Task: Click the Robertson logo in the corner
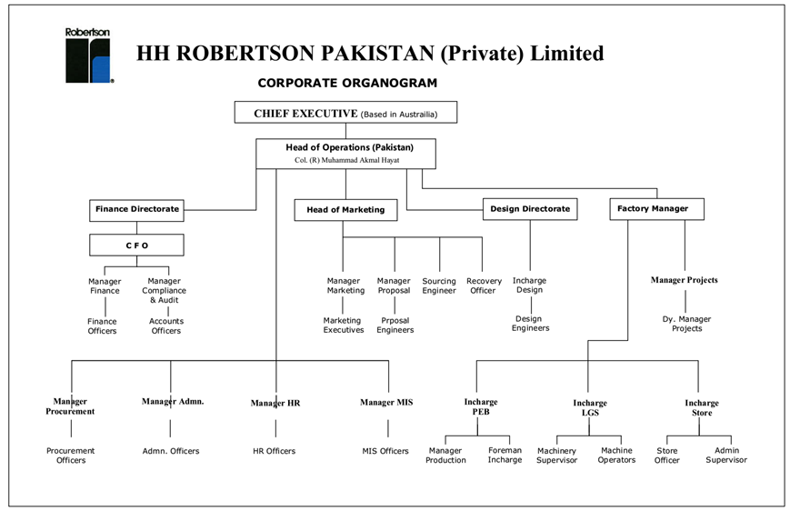[x=88, y=56]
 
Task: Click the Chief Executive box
[x=345, y=113]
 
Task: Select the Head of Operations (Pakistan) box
[x=346, y=153]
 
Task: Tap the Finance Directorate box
[x=137, y=209]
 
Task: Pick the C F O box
[x=136, y=245]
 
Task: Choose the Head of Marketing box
[x=345, y=210]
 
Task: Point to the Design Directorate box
[x=530, y=209]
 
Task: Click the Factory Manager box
[x=653, y=209]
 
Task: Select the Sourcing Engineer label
[x=439, y=286]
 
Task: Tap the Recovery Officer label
[x=483, y=286]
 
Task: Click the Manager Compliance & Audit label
[x=164, y=291]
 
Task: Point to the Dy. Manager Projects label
[x=686, y=324]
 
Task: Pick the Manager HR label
[x=275, y=403]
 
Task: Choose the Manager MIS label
[x=386, y=402]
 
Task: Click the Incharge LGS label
[x=589, y=408]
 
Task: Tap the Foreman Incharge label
[x=505, y=456]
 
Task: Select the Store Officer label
[x=667, y=456]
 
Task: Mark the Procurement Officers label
[x=71, y=456]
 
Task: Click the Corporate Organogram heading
[x=347, y=83]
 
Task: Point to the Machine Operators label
[x=617, y=456]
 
